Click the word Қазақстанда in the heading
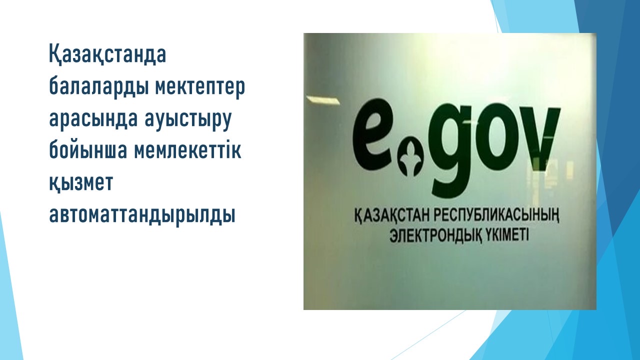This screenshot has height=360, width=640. click(107, 54)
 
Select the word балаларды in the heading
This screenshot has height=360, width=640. click(98, 87)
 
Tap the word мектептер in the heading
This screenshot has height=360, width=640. click(200, 87)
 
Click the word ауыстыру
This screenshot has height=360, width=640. click(188, 120)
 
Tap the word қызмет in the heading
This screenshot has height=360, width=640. click(81, 183)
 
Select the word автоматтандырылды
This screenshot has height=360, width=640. click(142, 215)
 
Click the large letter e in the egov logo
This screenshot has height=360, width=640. click(374, 133)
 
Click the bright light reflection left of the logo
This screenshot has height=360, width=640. click(323, 100)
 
